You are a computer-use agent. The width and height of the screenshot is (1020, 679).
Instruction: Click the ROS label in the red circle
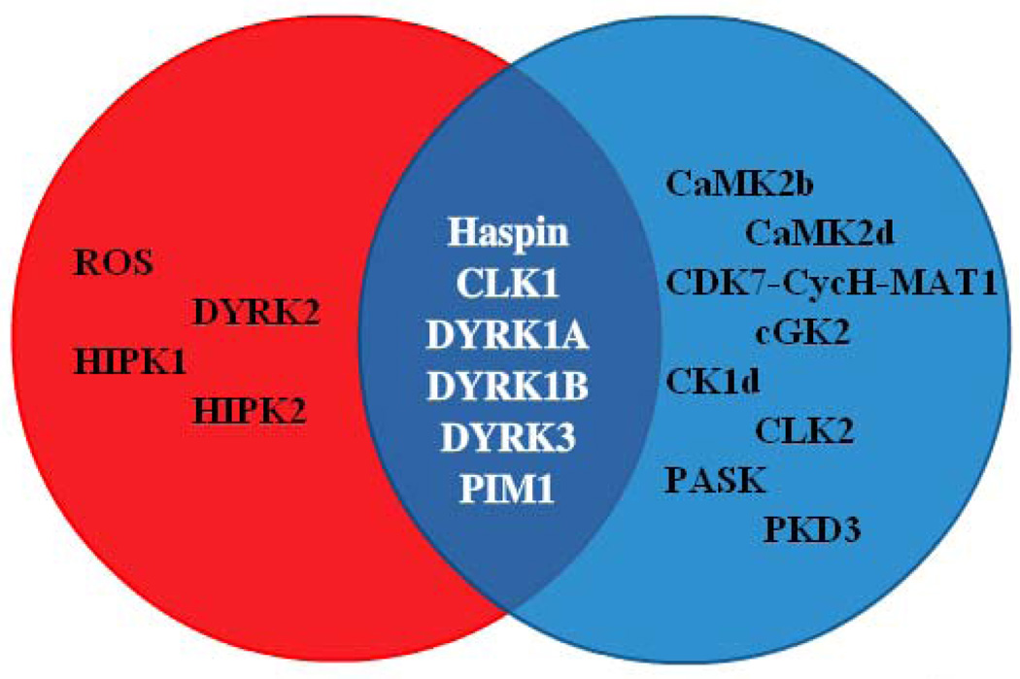[113, 263]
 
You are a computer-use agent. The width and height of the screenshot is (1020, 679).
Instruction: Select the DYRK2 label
[256, 312]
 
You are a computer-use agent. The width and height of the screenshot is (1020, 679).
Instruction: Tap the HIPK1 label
[131, 362]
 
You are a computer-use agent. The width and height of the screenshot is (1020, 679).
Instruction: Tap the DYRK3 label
[505, 438]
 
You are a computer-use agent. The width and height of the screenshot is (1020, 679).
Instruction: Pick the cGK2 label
[802, 333]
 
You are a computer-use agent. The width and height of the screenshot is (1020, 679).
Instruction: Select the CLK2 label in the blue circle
[804, 429]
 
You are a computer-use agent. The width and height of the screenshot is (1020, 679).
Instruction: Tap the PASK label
[717, 479]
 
